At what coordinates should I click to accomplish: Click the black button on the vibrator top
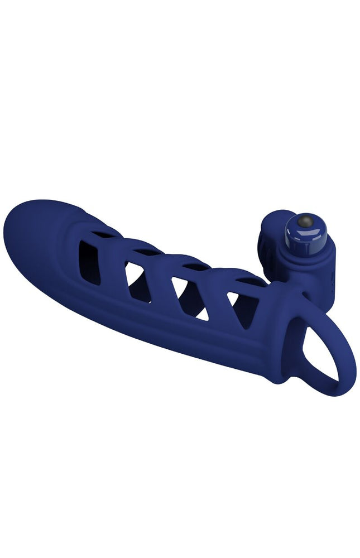click(x=304, y=222)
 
